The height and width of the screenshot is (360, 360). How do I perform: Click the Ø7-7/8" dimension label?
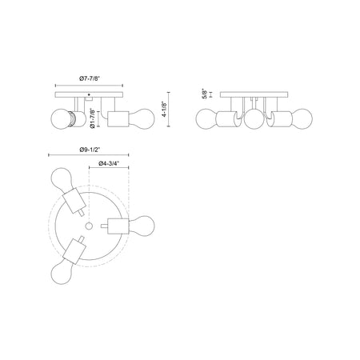coord(90,78)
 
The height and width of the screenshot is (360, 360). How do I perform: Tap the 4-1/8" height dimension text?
coord(164,110)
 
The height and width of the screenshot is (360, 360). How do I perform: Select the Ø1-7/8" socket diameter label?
coord(93,118)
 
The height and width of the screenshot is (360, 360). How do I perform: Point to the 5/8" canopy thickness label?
coord(205,94)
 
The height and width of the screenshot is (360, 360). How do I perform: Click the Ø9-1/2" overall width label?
coord(90,150)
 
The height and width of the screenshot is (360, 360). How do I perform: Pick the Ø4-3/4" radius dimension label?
coord(108,163)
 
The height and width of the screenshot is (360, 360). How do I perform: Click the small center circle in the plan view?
coord(89,226)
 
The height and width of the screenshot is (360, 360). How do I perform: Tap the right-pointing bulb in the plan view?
coord(142,226)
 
